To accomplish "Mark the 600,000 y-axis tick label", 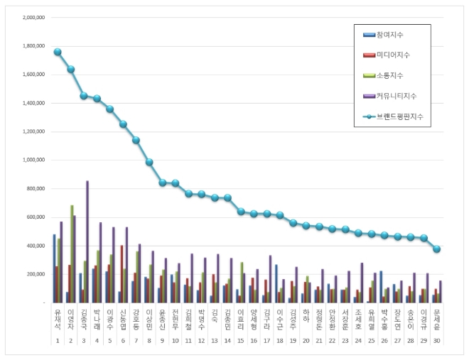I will [35, 217].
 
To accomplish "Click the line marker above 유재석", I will [58, 52].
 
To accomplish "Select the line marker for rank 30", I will [437, 249].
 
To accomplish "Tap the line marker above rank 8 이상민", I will [149, 162].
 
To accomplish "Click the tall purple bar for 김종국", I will [87, 241].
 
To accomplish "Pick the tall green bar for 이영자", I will [72, 253].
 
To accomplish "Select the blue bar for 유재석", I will [54, 268].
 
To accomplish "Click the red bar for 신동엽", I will [122, 274].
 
